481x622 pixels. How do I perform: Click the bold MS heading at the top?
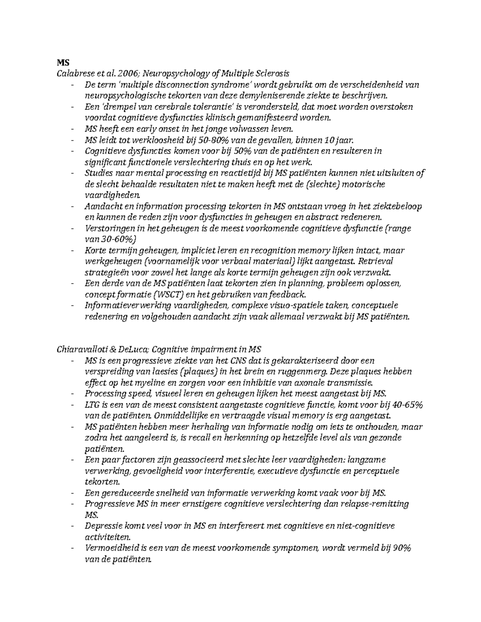63,63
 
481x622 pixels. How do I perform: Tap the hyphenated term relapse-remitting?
375,504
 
